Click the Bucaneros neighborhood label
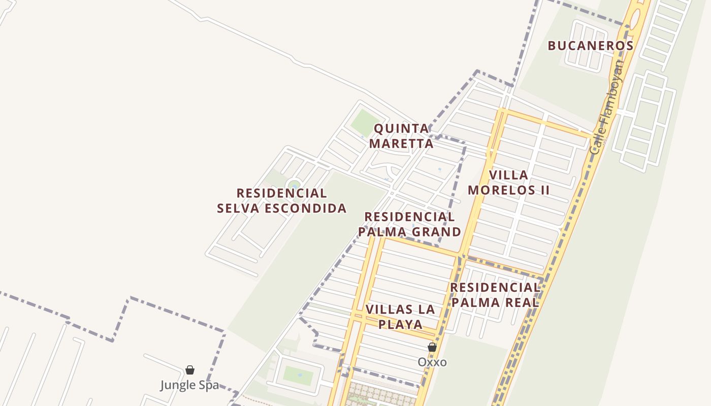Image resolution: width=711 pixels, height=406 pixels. (x=590, y=46)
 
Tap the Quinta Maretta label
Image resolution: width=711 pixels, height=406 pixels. (x=401, y=136)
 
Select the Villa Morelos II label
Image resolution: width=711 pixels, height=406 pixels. (x=509, y=183)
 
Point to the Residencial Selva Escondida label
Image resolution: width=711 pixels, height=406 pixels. (x=282, y=200)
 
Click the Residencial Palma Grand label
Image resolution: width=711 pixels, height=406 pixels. (x=409, y=224)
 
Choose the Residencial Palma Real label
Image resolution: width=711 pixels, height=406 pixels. (x=495, y=295)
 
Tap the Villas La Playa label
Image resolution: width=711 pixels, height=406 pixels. (x=401, y=317)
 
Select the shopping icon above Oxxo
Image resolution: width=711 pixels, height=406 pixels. (x=432, y=347)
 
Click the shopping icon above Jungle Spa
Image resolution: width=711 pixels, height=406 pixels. (x=190, y=370)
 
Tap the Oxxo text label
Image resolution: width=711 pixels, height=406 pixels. (x=432, y=362)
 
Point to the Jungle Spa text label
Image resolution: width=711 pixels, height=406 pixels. (x=190, y=385)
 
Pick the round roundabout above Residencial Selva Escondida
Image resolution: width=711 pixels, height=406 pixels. (x=294, y=185)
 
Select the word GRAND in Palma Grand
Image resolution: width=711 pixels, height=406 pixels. (x=437, y=232)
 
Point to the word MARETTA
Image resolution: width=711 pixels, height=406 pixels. (x=401, y=144)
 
